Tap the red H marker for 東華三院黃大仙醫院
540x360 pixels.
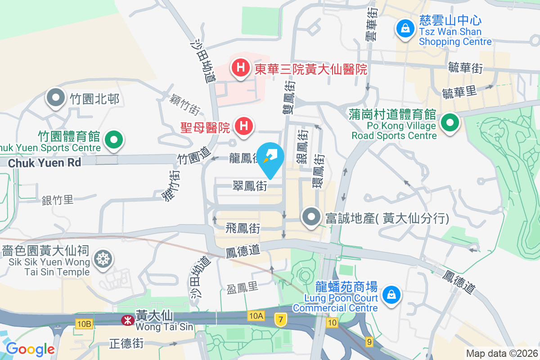tap(241, 68)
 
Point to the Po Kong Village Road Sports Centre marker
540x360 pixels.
tap(449, 123)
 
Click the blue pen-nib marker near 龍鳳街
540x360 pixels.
tap(271, 157)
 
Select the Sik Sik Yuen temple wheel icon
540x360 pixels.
tap(103, 259)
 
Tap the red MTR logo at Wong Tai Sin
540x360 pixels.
tap(127, 320)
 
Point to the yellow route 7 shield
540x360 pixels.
tap(281, 320)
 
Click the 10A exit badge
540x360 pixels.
tap(255, 316)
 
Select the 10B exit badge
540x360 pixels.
tap(84, 324)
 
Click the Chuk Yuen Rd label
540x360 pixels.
tap(45, 162)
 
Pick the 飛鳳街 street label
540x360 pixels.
tap(243, 229)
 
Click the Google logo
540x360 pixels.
tap(30, 349)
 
